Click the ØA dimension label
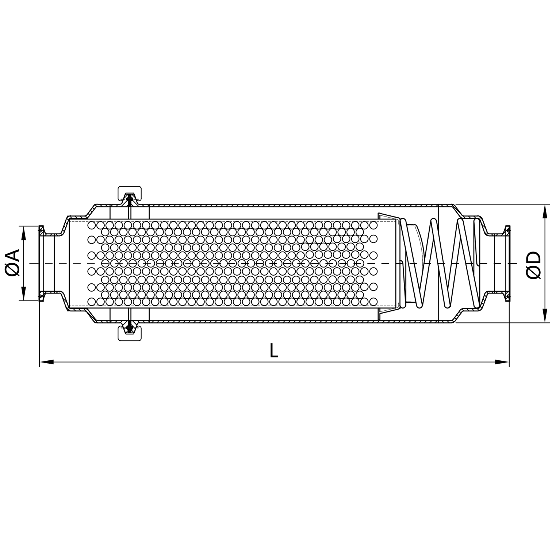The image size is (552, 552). [x=13, y=263]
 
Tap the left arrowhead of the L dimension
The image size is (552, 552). [x=46, y=362]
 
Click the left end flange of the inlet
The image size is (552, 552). [x=41, y=263]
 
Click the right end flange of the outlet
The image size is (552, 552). [x=507, y=263]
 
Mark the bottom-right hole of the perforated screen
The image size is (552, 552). [x=373, y=302]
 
